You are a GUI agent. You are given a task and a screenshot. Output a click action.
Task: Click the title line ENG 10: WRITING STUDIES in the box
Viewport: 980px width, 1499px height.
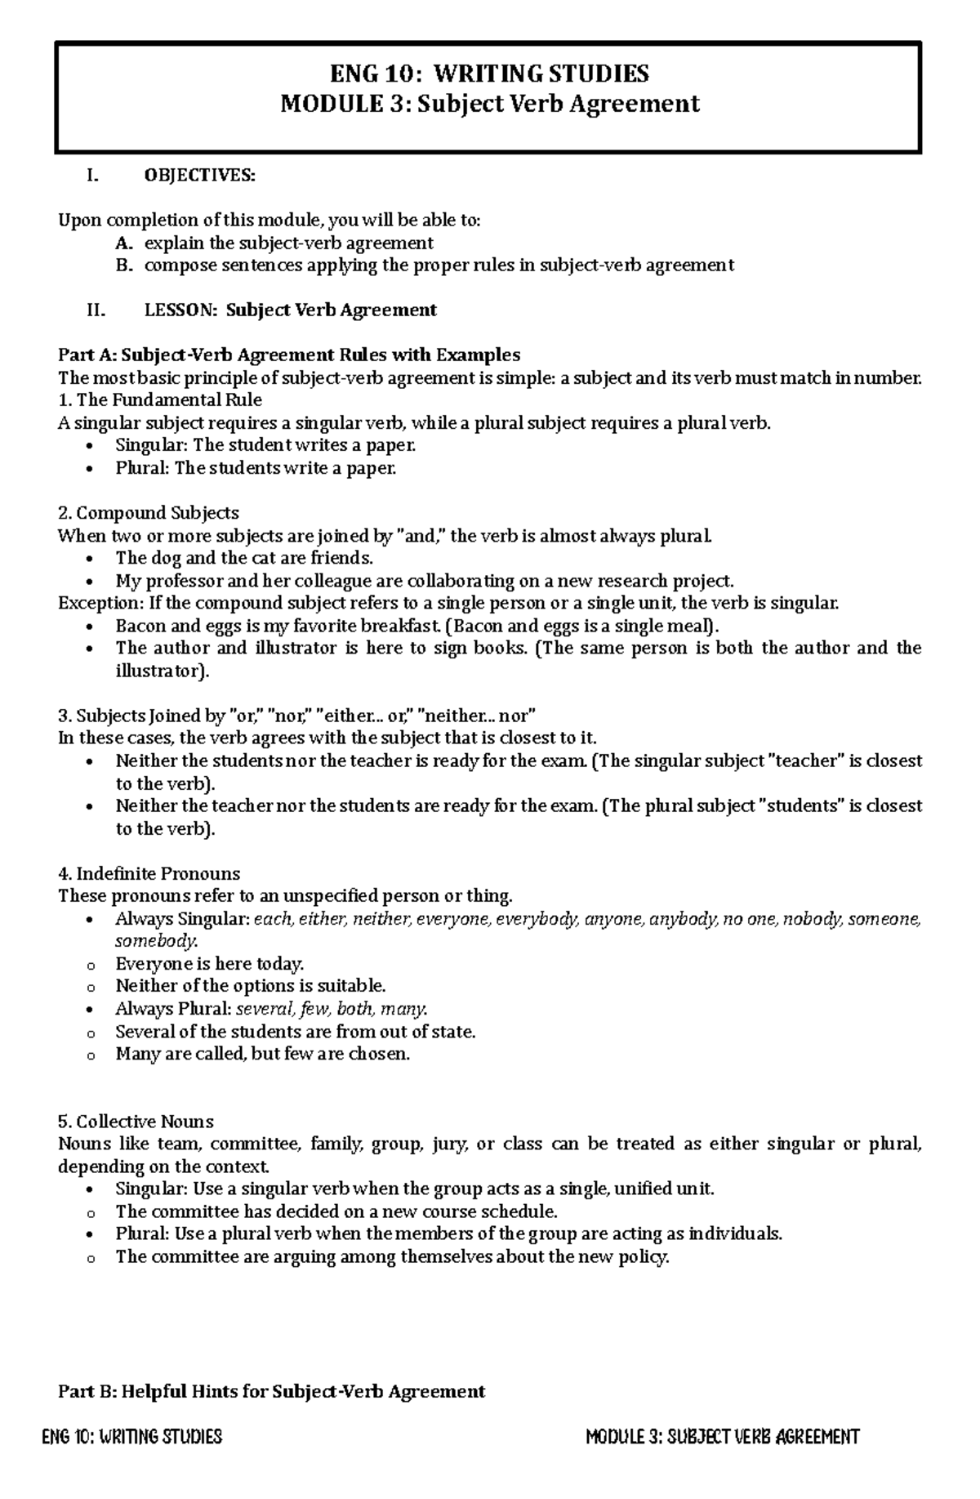[x=489, y=74]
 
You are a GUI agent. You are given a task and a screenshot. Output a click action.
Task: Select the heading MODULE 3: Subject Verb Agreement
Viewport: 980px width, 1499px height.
[x=489, y=105]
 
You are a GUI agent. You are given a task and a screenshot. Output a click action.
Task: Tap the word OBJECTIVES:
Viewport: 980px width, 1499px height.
[x=199, y=176]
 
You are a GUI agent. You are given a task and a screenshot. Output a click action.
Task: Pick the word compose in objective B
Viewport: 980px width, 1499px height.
[x=175, y=265]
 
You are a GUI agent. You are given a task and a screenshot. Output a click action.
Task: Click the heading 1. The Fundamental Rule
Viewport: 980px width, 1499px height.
[x=160, y=400]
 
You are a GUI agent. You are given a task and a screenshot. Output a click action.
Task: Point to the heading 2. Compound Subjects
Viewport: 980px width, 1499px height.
[x=149, y=513]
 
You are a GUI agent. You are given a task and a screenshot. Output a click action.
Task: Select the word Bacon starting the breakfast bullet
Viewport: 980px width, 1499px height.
[x=136, y=627]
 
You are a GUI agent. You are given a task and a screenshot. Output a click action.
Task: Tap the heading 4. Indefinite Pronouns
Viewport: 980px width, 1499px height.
[x=149, y=873]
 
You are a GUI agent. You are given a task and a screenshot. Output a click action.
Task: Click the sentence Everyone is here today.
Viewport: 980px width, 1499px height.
[x=209, y=964]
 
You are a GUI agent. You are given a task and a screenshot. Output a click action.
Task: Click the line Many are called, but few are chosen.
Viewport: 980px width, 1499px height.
[x=262, y=1054]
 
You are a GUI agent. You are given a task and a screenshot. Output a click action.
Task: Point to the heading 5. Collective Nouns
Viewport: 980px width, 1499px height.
[x=136, y=1122]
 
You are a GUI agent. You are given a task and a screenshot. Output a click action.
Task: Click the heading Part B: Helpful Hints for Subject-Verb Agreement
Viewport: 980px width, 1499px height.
[x=272, y=1391]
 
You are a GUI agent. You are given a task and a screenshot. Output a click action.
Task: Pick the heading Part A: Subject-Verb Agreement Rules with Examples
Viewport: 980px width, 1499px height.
[x=289, y=355]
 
